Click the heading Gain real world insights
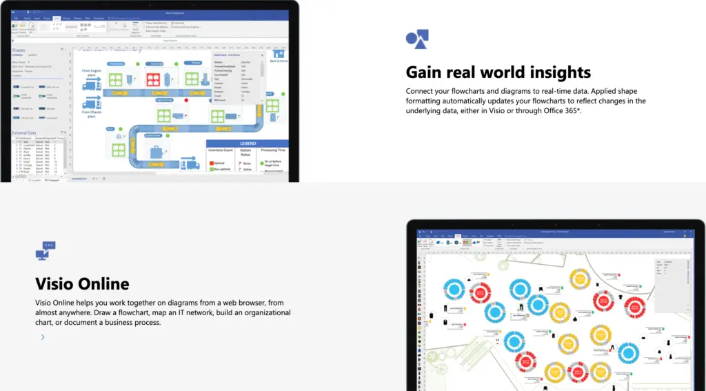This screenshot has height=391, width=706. (498, 72)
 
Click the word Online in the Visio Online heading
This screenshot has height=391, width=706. (103, 283)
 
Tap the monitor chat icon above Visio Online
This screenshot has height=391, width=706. (45, 250)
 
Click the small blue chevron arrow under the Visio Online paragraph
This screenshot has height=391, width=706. (43, 337)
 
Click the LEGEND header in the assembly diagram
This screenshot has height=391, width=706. (248, 143)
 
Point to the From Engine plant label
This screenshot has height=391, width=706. (92, 72)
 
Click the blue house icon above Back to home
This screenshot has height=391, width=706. (278, 53)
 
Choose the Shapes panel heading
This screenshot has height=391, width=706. (19, 50)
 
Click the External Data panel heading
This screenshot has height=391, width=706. (26, 134)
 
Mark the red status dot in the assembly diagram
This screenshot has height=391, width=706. (185, 99)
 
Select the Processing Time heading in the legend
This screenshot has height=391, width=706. (272, 150)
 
